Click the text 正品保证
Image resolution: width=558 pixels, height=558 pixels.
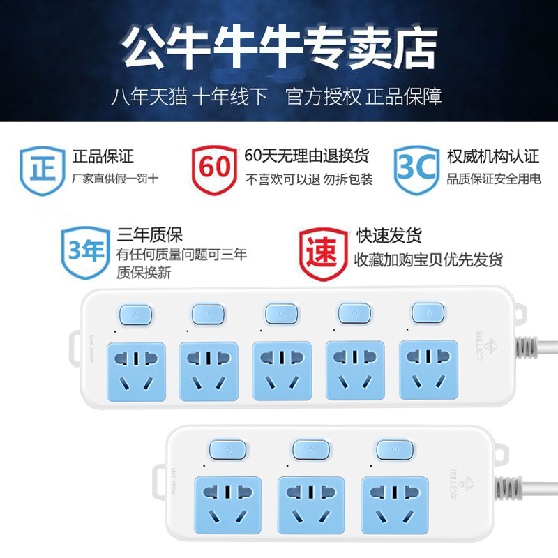[x=103, y=156]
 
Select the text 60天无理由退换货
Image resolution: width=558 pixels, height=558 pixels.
[x=307, y=156]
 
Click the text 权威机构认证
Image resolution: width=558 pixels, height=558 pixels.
[x=493, y=156]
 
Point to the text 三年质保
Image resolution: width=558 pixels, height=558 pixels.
[x=149, y=235]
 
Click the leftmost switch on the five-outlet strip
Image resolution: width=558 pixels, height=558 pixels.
[x=136, y=314]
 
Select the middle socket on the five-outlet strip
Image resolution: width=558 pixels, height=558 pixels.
[x=282, y=370]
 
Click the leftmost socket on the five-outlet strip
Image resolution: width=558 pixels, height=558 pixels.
[x=136, y=370]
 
